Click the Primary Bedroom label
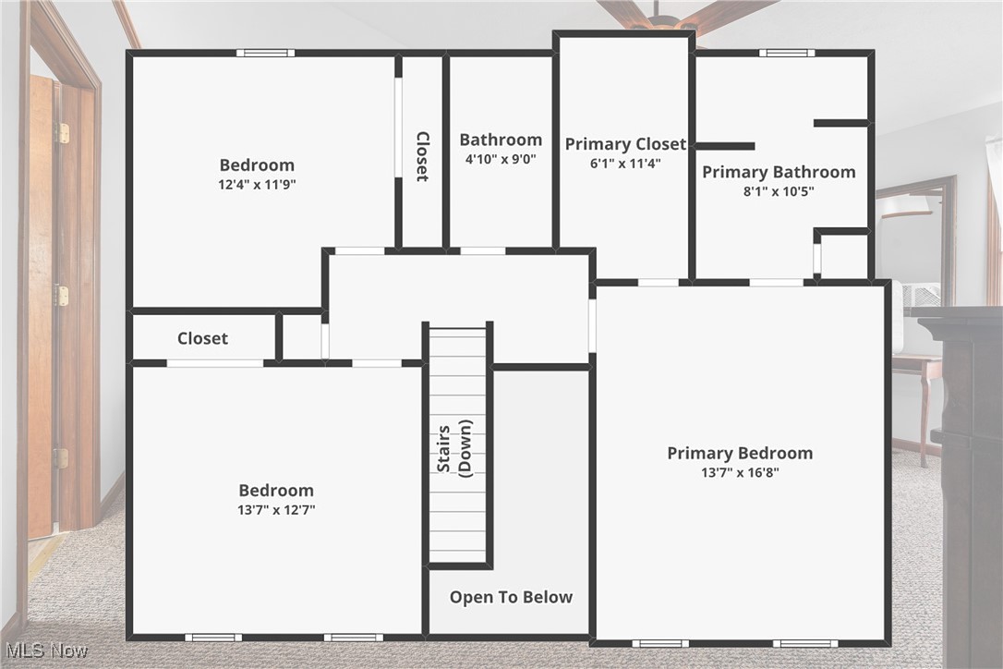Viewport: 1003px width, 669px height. pos(740,453)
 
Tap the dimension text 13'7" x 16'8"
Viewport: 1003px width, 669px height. pos(740,473)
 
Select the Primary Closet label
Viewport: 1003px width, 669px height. pos(625,144)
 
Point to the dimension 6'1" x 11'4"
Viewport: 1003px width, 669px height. pos(625,164)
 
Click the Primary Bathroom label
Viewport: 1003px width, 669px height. pos(779,172)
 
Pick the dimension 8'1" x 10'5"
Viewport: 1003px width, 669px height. pos(779,192)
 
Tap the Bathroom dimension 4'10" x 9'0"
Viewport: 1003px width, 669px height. pos(501,159)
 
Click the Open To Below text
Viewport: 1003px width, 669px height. pos(511,597)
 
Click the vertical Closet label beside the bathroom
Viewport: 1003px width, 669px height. pos(422,156)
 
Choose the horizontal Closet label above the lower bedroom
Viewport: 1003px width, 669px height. pos(202,338)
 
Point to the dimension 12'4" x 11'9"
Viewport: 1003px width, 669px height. pos(257,184)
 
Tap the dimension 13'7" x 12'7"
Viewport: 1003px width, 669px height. pos(276,509)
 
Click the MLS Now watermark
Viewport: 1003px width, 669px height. pos(44,651)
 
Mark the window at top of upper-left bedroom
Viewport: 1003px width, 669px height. pos(265,53)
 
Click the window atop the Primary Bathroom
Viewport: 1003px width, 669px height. pos(787,53)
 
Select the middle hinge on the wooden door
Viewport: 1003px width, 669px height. pos(62,296)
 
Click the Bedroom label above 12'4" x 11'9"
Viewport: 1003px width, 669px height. pos(257,165)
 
